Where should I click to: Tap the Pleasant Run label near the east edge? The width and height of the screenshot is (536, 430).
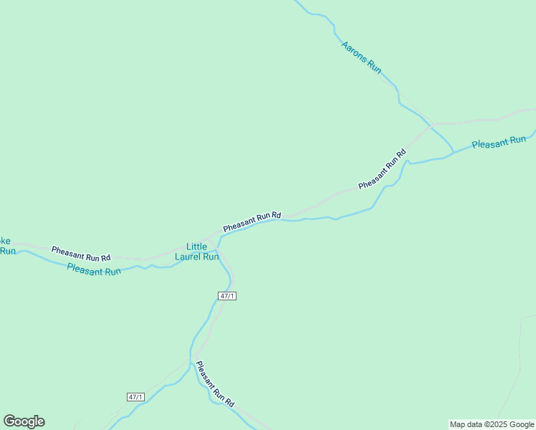pos(499,143)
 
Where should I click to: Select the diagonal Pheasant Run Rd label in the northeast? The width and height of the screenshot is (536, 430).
pos(383,169)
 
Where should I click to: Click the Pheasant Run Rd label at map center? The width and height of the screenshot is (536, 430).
pos(252,221)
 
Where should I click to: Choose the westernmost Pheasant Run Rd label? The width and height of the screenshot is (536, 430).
pos(81,253)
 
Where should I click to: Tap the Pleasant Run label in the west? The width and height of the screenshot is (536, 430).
pos(94,270)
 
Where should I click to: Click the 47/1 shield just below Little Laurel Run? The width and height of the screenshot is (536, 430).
pos(227,296)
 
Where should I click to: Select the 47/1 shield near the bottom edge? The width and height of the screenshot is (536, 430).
pos(135,397)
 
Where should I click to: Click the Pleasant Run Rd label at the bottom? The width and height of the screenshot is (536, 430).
pos(215,385)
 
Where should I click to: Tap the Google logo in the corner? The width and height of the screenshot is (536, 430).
pos(24,421)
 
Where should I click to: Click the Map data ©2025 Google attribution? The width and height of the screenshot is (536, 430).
pos(492,424)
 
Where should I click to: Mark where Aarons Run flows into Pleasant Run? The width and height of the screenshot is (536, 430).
pos(453,153)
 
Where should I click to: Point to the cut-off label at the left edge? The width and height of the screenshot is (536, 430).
pos(6,246)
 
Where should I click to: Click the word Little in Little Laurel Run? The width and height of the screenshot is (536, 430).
pos(196,247)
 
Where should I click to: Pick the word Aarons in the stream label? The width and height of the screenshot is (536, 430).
pos(353,50)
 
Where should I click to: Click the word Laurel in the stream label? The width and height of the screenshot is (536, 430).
pos(188,257)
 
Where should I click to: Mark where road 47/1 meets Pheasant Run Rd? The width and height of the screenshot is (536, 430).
pos(218,234)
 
